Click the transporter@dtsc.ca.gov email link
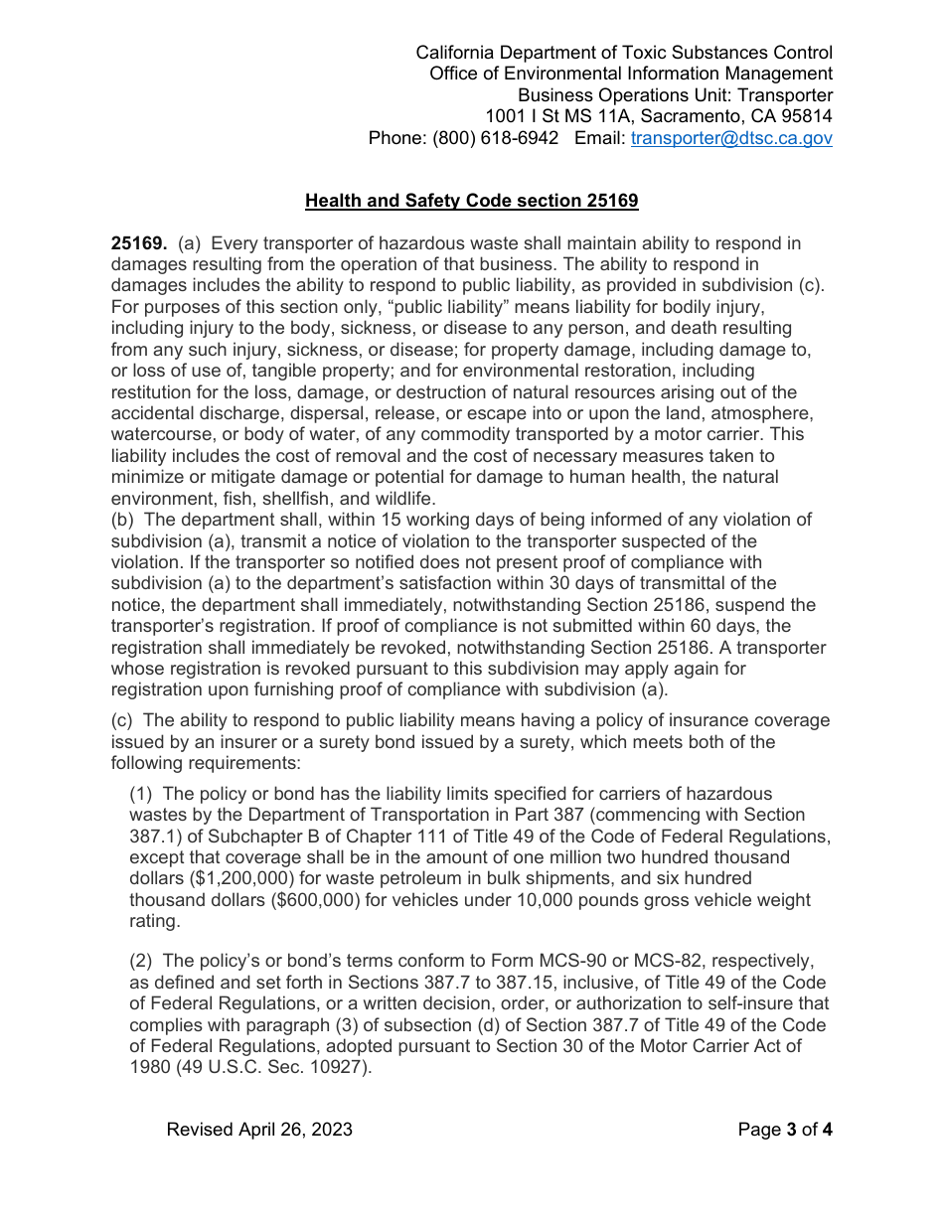point(731,138)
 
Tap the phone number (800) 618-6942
point(495,138)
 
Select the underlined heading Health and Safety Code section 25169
point(471,201)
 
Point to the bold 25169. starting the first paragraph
point(139,243)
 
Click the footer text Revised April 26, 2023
point(259,1130)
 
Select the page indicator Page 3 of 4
point(785,1130)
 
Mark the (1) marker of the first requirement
point(143,793)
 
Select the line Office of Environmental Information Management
point(631,74)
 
